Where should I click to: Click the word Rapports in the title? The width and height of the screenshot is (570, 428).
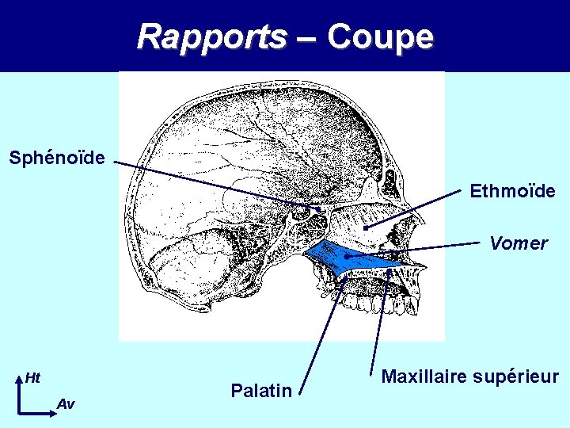point(211,36)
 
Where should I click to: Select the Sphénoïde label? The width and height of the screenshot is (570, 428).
point(57,158)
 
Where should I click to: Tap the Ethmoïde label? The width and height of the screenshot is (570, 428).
point(512,191)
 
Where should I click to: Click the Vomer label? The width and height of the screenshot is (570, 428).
point(518,243)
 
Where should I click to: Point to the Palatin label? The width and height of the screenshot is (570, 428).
point(261,390)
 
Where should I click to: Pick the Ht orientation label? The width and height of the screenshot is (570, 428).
point(32,377)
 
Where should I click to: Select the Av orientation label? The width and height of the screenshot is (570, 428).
point(66,404)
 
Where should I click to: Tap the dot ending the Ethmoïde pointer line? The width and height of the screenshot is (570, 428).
point(365,228)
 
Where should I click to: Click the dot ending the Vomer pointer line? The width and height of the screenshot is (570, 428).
point(347,256)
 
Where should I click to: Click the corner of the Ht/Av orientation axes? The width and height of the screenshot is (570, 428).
point(18,413)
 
